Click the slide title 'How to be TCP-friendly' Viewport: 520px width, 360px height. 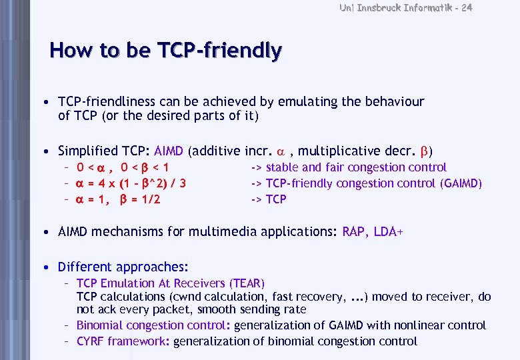[165, 50]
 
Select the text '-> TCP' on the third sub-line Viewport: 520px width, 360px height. [268, 199]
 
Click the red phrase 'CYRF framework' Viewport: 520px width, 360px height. [123, 341]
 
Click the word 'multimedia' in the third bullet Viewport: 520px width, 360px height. [215, 232]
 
